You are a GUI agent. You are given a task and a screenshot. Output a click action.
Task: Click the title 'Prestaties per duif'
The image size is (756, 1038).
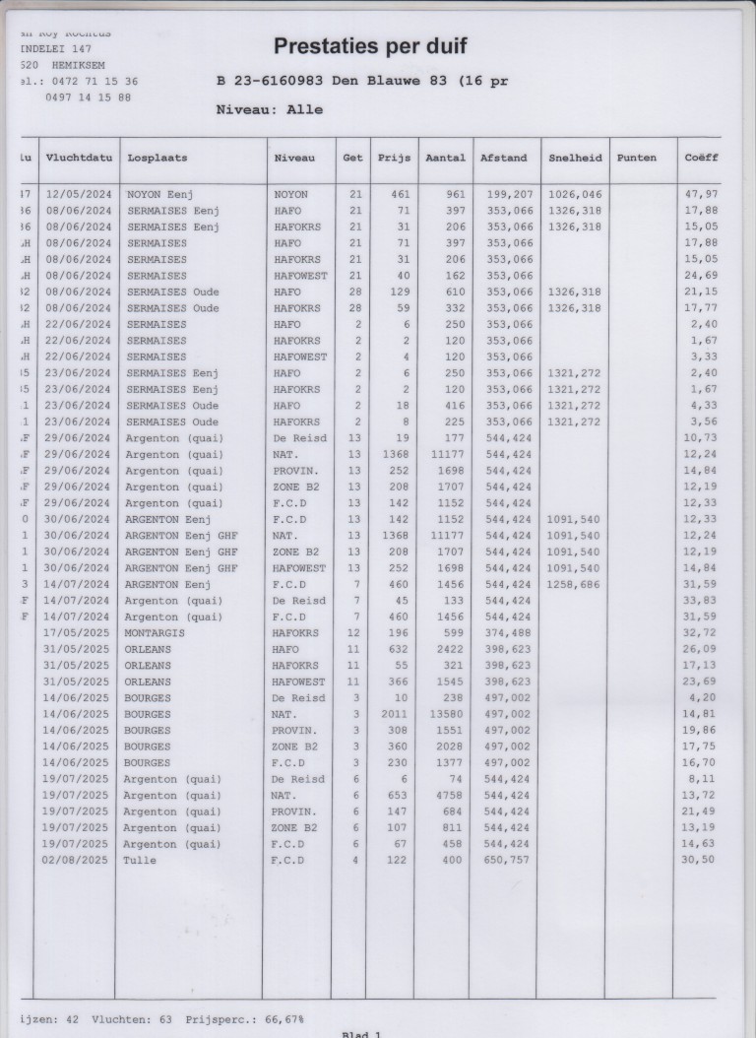click(x=369, y=46)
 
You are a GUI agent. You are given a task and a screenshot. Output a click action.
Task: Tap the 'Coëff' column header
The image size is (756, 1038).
click(x=701, y=158)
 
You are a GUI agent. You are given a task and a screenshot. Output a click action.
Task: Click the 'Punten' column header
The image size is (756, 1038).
click(x=636, y=158)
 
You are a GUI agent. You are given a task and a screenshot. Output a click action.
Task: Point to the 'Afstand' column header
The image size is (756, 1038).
click(x=503, y=158)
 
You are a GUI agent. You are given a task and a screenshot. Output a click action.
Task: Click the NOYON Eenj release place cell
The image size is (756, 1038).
click(x=159, y=195)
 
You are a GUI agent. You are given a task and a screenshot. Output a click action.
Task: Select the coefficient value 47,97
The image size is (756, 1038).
click(x=701, y=195)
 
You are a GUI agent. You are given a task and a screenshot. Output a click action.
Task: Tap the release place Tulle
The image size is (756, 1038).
click(x=140, y=860)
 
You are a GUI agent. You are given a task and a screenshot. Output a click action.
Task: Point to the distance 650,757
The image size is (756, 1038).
click(x=509, y=860)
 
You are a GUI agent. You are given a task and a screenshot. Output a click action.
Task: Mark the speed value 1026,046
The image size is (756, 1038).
click(x=574, y=195)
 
